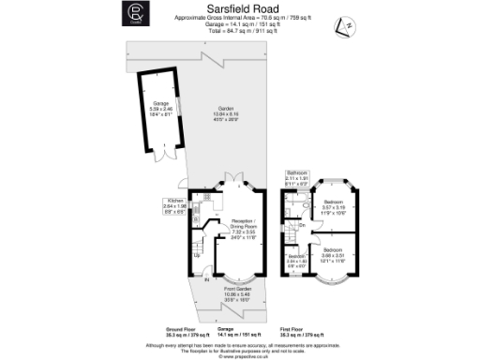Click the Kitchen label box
[177, 206]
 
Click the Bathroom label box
[298, 179]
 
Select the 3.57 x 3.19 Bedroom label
[334, 207]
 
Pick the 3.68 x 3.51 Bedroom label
[334, 253]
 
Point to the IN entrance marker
[207, 278]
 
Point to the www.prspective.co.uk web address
[240, 353]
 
